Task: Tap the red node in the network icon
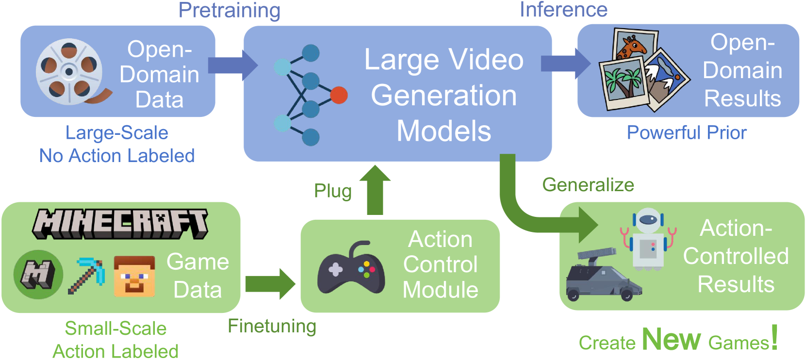[x=339, y=95]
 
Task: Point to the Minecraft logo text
[x=120, y=223]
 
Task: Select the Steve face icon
[x=134, y=276]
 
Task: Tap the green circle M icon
[x=38, y=275]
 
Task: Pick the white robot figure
[x=648, y=239]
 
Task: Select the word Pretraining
[x=229, y=10]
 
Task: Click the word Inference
[x=563, y=10]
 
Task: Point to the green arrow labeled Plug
[x=375, y=190]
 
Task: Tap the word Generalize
[x=588, y=185]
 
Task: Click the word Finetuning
[x=272, y=326]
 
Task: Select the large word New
[x=671, y=339]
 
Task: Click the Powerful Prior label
[x=687, y=132]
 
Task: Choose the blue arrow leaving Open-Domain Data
[x=232, y=65]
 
